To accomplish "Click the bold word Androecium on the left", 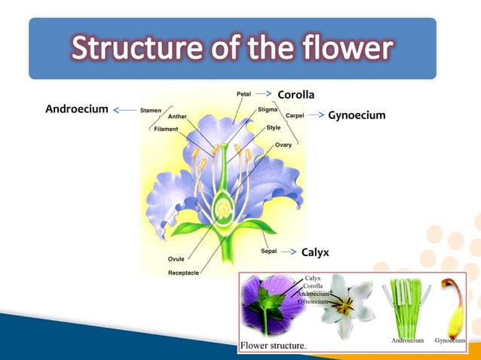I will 77,109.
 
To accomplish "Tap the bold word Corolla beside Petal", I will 296,94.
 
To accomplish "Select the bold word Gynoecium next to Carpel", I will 357,115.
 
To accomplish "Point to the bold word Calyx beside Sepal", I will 315,252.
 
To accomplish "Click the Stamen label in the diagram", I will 152,110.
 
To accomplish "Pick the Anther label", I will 178,117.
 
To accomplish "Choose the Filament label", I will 166,129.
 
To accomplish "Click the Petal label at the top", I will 244,94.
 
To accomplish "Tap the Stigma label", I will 268,109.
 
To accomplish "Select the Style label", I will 273,127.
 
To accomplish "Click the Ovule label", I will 176,259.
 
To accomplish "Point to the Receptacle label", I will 183,272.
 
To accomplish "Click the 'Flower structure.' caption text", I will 273,346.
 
